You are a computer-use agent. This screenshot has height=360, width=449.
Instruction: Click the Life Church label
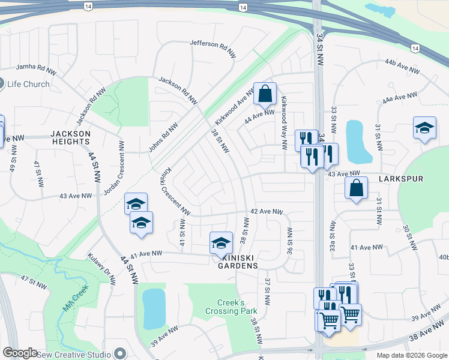click(29, 84)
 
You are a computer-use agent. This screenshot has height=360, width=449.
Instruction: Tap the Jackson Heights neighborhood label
click(70, 137)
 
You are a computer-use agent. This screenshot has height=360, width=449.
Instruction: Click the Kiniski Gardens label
click(238, 265)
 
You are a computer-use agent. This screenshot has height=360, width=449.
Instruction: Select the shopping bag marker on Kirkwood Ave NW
click(265, 94)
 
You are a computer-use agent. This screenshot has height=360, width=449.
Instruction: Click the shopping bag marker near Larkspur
click(357, 188)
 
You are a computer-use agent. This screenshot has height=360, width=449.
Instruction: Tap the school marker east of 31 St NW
click(424, 128)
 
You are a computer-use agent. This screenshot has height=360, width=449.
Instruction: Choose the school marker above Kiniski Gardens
click(221, 242)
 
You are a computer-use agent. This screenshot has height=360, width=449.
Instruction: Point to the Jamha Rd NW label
click(36, 68)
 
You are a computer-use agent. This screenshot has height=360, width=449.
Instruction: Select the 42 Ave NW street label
click(266, 212)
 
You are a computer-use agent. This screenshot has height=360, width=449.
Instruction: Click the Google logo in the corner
click(20, 353)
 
